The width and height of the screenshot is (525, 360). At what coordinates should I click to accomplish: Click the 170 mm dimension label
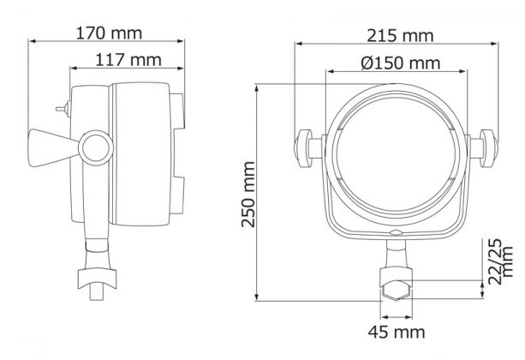click(x=109, y=33)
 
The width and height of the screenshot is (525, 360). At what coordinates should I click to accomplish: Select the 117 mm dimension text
click(x=128, y=60)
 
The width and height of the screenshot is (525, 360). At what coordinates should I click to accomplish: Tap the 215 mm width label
click(x=400, y=35)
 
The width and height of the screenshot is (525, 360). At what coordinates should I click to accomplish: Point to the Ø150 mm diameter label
click(x=401, y=63)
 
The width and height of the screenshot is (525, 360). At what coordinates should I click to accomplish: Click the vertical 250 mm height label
click(x=248, y=195)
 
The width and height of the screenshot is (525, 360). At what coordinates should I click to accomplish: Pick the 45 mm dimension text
click(x=397, y=332)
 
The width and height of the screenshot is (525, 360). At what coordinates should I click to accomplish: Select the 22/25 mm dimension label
click(x=500, y=261)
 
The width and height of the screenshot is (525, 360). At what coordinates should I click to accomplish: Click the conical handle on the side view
click(x=54, y=147)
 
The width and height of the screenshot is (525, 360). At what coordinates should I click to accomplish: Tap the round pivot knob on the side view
click(x=96, y=147)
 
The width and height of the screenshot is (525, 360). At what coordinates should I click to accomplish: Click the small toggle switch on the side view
click(x=63, y=109)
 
